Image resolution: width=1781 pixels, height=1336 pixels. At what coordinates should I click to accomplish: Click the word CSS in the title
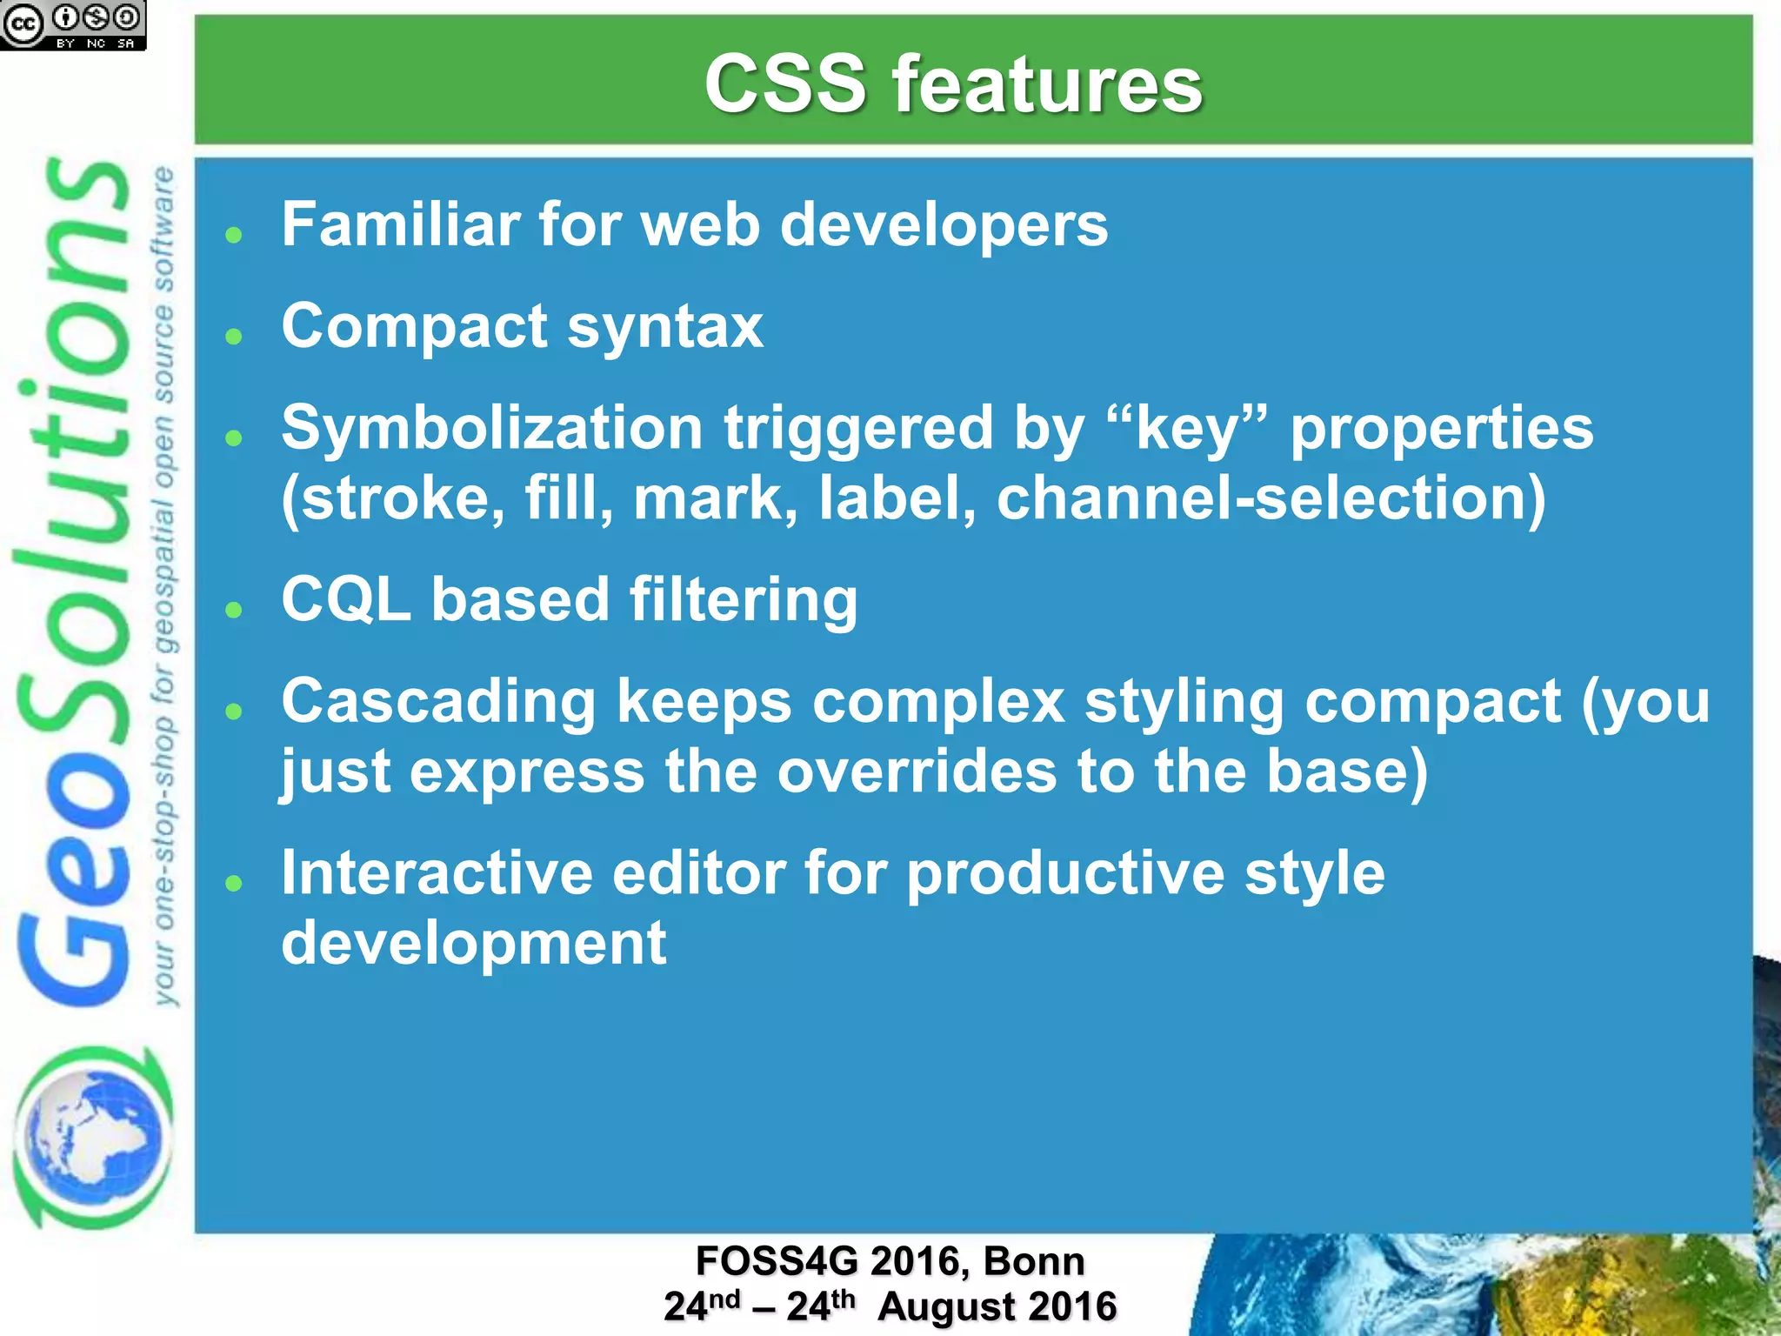tap(785, 83)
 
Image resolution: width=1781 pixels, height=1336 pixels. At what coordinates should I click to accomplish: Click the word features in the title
tap(1047, 83)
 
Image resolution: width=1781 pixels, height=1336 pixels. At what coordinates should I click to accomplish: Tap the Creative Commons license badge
tap(73, 25)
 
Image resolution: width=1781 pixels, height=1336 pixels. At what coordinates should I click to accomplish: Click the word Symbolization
tap(492, 429)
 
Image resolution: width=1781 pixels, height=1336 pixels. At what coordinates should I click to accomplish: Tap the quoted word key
tap(1188, 429)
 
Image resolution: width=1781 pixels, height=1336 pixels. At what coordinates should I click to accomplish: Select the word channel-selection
tap(1271, 498)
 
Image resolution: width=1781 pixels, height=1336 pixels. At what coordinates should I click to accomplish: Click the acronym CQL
tap(346, 599)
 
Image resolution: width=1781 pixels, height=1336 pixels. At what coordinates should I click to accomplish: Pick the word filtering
tap(744, 601)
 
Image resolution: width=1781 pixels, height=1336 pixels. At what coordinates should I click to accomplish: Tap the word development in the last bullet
tap(474, 944)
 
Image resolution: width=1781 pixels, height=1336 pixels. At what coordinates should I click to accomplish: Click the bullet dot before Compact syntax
tap(233, 336)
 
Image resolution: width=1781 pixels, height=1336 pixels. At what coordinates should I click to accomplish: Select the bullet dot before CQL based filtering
tap(233, 609)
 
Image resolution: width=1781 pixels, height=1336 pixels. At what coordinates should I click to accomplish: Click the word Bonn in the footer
tap(1034, 1261)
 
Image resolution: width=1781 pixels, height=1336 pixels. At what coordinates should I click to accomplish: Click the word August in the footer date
tap(946, 1306)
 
